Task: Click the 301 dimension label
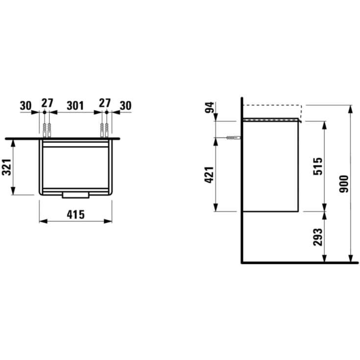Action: coord(75,105)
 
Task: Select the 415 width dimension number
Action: coord(75,214)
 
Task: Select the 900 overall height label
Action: coord(344,183)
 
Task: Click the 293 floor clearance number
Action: coord(318,237)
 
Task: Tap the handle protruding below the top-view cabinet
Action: coord(75,195)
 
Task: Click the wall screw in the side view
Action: coord(234,138)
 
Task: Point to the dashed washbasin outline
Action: coord(272,106)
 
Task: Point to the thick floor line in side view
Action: coord(299,263)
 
